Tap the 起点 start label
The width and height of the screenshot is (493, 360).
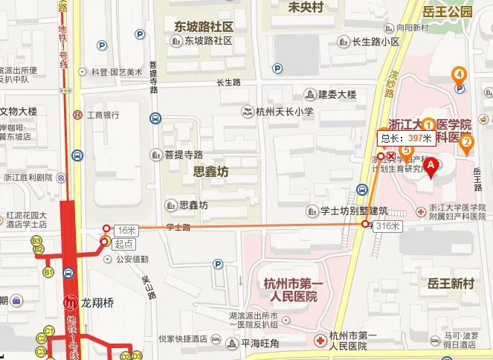124,243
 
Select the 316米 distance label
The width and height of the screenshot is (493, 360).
388,225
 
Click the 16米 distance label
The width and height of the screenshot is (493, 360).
125,231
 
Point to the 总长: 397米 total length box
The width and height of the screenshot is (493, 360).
406,138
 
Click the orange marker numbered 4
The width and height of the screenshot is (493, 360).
460,74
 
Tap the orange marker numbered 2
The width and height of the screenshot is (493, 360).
467,143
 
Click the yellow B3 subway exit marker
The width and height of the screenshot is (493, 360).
36,241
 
